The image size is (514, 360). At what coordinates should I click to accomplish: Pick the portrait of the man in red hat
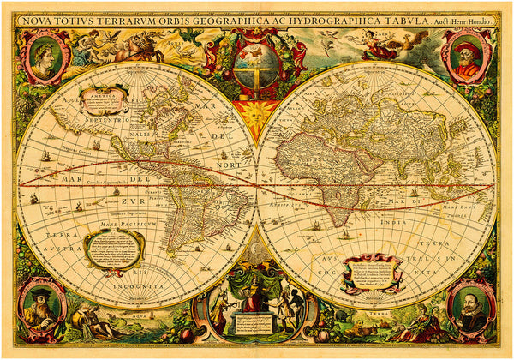click(469, 57)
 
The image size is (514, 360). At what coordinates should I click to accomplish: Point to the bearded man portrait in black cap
click(40, 305)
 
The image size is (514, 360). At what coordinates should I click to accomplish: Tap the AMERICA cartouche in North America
click(103, 99)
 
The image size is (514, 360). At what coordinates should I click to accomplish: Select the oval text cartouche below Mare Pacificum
click(114, 249)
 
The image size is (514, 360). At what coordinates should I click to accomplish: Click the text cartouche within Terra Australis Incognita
click(371, 273)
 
